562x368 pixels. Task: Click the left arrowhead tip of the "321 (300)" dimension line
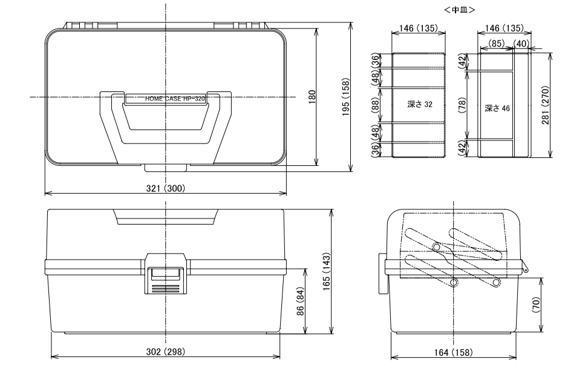45,193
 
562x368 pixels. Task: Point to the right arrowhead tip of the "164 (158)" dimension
517,357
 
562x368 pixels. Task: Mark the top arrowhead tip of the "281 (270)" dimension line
550,53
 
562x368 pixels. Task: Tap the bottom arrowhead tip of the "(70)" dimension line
541,332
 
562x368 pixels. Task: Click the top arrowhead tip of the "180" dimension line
316,28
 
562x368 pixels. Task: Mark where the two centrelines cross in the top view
166,97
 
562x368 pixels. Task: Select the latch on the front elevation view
166,274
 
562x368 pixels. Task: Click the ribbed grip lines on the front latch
166,288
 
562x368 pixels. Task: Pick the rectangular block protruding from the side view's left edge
382,274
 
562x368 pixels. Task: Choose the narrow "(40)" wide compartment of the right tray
521,105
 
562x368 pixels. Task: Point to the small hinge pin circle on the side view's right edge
526,270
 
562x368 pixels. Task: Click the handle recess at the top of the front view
166,217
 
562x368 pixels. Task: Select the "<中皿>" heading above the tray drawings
460,10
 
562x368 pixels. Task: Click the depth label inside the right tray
497,108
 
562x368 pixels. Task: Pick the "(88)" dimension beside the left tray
375,105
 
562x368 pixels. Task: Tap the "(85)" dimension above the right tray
497,44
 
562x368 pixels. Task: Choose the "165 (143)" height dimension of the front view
326,272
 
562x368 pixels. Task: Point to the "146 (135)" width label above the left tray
418,28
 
